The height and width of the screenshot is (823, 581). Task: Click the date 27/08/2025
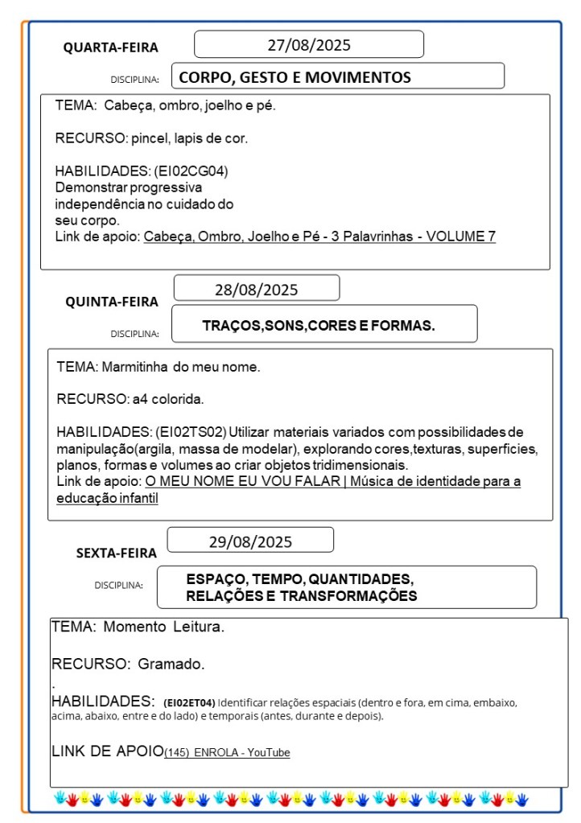pyautogui.click(x=309, y=45)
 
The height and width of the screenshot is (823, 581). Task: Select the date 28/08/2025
pyautogui.click(x=256, y=290)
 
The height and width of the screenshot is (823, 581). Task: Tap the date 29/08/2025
pyautogui.click(x=250, y=541)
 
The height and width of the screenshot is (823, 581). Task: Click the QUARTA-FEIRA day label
pyautogui.click(x=111, y=47)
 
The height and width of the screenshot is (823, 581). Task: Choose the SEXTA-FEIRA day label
pyautogui.click(x=117, y=553)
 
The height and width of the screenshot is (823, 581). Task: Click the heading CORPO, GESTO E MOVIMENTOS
pyautogui.click(x=295, y=77)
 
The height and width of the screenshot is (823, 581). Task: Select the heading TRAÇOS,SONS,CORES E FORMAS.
pyautogui.click(x=319, y=326)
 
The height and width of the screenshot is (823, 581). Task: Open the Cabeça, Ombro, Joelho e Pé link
pyautogui.click(x=319, y=237)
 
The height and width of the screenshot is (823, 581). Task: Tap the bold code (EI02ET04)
pyautogui.click(x=189, y=702)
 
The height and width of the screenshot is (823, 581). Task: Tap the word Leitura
pyautogui.click(x=196, y=627)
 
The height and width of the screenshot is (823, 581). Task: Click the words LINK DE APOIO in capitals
pyautogui.click(x=107, y=751)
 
